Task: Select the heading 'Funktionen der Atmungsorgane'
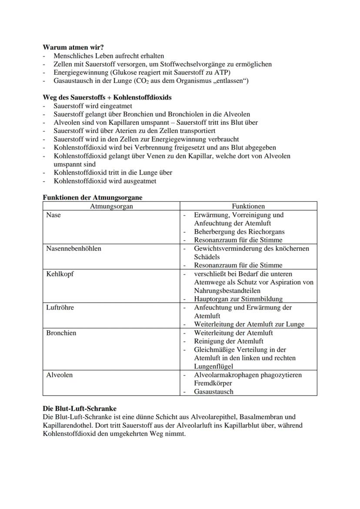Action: click(x=92, y=197)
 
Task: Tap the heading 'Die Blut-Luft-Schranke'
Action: click(x=80, y=409)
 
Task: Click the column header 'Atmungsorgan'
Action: click(x=111, y=206)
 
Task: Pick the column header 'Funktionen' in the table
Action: click(x=248, y=206)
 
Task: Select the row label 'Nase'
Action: click(x=53, y=215)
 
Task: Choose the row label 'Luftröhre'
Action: click(x=60, y=307)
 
